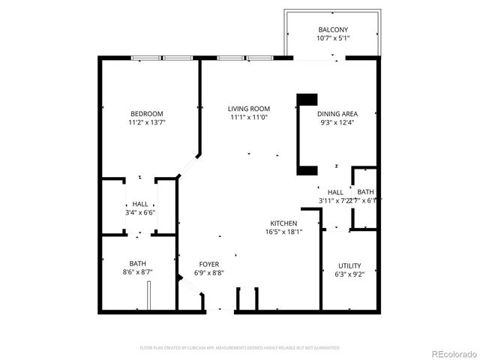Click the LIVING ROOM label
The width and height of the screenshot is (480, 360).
249,109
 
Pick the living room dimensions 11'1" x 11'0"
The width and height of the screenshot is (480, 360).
249,117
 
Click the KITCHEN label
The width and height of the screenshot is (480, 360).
284,223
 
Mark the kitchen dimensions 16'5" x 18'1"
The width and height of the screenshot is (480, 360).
284,232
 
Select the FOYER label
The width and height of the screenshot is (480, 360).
209,264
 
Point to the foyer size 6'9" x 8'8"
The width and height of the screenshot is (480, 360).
209,272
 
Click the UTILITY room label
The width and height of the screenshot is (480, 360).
349,265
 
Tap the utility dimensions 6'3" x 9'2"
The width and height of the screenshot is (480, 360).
349,274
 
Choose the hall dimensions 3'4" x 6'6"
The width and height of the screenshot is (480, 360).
140,212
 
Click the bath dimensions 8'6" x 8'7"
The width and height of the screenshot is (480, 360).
138,271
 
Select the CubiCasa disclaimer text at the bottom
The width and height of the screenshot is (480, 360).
240,348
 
